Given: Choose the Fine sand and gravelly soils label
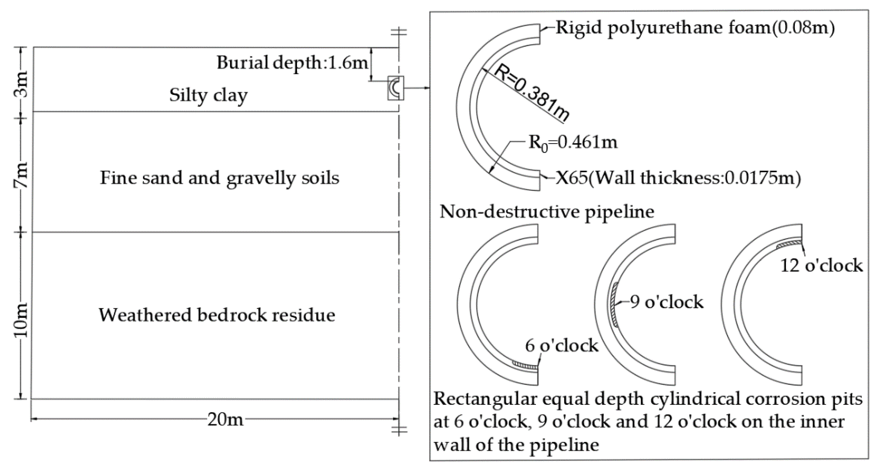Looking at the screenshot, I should [x=220, y=178].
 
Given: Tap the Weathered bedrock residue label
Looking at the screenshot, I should [x=217, y=315].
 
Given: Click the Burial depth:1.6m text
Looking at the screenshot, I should [x=292, y=63].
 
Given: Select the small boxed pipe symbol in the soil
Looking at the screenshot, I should [x=395, y=88].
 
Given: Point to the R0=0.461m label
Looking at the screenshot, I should [x=573, y=142].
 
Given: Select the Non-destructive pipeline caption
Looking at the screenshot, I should [x=547, y=212].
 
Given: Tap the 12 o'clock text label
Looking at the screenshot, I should [x=821, y=265].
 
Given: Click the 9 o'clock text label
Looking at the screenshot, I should [x=666, y=302].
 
